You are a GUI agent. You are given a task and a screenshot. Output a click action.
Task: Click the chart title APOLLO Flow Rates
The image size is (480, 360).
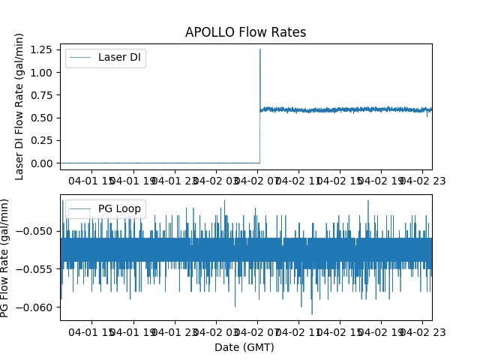(x=245, y=32)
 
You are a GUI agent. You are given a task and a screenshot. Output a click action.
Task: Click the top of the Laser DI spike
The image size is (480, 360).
(x=260, y=49)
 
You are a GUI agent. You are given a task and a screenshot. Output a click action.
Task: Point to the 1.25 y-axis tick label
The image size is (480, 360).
(x=43, y=49)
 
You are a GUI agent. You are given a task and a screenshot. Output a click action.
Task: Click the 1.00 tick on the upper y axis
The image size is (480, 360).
(x=43, y=72)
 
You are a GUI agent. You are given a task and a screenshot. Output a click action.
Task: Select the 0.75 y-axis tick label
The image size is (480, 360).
(x=43, y=95)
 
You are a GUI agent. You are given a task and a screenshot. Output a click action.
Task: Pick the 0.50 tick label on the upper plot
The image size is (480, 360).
(x=43, y=118)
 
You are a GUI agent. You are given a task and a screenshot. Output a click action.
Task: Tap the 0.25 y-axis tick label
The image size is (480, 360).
(x=43, y=140)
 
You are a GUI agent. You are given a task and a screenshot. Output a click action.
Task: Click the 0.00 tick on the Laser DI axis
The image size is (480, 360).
(x=43, y=163)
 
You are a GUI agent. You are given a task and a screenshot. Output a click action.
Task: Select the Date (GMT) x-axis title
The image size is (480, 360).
(x=244, y=347)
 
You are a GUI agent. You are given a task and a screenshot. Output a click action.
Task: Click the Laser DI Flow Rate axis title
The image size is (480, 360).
(x=20, y=106)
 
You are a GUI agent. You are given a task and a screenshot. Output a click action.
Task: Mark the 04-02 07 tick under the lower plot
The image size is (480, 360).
(x=258, y=331)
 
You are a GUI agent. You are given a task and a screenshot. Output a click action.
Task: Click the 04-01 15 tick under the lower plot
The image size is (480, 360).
(x=94, y=331)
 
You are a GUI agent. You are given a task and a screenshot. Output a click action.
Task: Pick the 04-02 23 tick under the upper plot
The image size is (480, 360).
(x=422, y=180)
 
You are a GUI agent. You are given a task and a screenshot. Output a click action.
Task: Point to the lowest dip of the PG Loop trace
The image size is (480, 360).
(x=312, y=314)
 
